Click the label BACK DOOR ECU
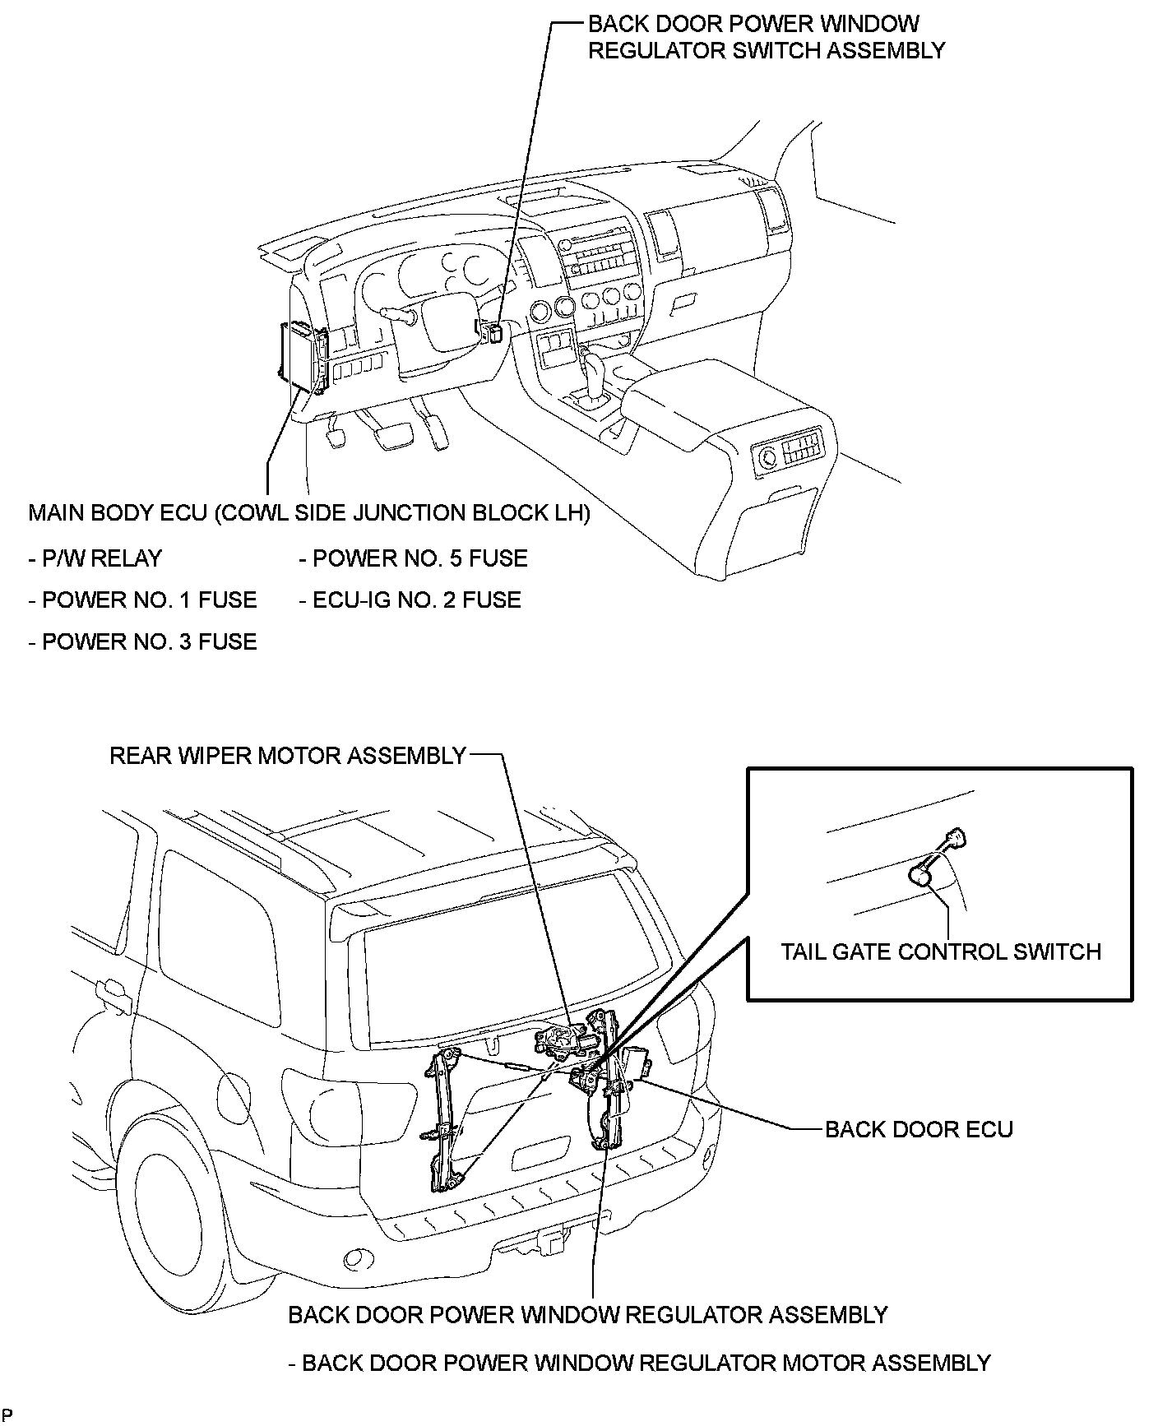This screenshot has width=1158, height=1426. click(x=919, y=1129)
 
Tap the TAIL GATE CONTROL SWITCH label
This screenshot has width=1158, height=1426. click(x=940, y=951)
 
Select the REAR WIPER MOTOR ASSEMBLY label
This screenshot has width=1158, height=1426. click(x=288, y=755)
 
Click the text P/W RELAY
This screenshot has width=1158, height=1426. click(x=95, y=558)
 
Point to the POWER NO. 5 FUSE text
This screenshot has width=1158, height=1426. click(x=413, y=558)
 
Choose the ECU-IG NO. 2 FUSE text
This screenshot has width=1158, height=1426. click(x=410, y=600)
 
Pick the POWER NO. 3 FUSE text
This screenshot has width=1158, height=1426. click(x=143, y=641)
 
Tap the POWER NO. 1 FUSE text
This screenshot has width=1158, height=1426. click(x=143, y=600)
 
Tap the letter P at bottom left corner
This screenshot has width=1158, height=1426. click(x=7, y=1415)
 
